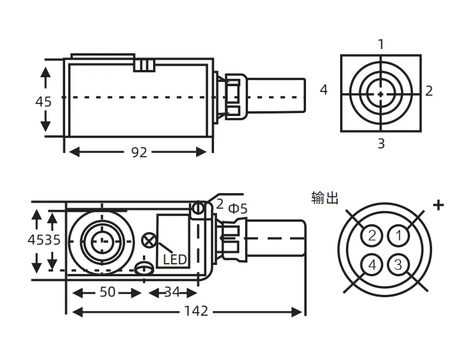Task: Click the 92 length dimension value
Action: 139,152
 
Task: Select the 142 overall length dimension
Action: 195,311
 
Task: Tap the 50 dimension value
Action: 108,292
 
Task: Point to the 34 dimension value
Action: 172,292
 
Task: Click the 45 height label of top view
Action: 43,101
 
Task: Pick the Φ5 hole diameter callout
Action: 237,209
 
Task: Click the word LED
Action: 175,260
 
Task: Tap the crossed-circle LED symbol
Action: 148,241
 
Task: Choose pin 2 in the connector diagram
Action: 372,235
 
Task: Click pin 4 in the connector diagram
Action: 372,263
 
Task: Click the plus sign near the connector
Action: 439,205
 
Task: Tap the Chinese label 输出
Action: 325,197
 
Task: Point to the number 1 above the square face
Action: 381,44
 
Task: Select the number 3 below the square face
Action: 381,144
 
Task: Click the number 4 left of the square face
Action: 324,90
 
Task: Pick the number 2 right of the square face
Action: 429,91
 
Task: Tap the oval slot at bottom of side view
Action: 143,268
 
